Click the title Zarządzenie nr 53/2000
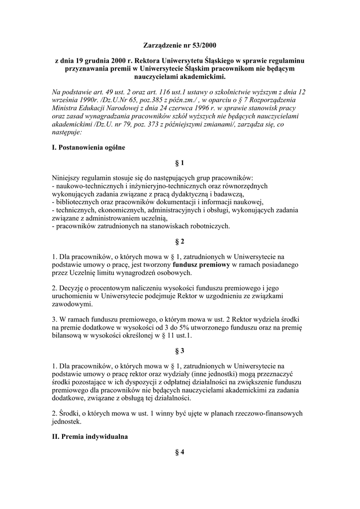point(180,46)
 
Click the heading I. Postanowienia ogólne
point(89,148)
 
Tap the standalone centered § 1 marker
point(180,164)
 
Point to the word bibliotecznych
point(79,202)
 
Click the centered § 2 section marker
point(180,242)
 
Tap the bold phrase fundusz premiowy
point(201,265)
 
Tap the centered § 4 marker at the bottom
point(180,452)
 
